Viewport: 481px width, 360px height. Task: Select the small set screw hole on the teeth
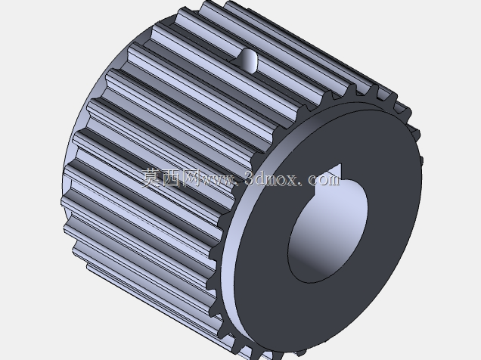tap(248, 61)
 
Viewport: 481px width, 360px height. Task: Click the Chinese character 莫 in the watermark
tap(151, 178)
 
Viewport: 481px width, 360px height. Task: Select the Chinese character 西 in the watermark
tap(171, 178)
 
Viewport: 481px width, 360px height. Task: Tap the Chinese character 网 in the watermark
tap(190, 178)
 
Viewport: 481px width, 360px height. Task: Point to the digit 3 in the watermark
tap(250, 178)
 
